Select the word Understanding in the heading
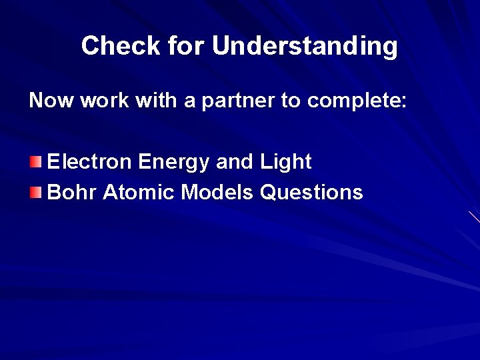coord(305,46)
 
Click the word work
coord(98,101)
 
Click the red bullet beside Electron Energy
coord(36,162)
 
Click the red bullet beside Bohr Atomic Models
coord(36,193)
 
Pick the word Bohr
coord(70,193)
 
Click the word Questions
coord(312,193)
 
